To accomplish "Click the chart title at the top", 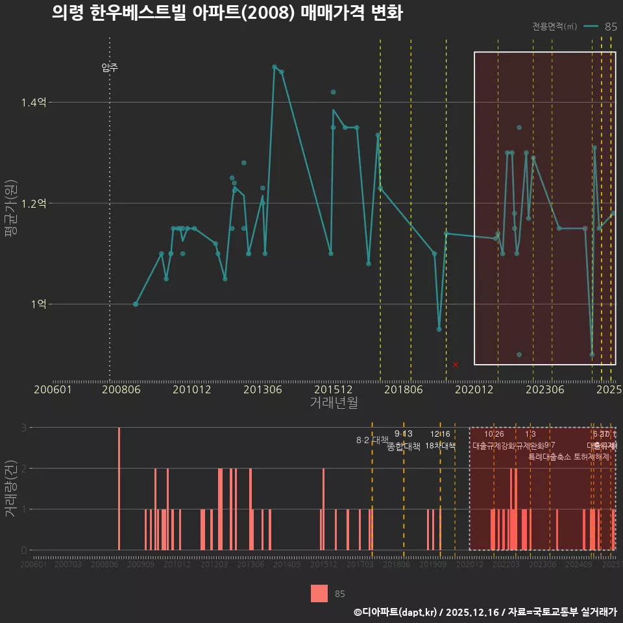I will tap(227, 13).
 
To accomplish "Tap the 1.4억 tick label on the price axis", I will tap(34, 103).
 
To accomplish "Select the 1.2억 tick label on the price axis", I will tap(34, 204).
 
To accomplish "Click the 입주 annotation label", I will tap(110, 67).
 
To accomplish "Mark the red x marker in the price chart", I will tap(456, 365).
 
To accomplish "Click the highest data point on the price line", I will tap(275, 67).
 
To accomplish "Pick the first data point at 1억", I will tap(136, 304).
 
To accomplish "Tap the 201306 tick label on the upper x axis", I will tap(262, 389).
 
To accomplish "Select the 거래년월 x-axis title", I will tap(334, 403).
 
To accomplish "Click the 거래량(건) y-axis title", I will tap(11, 489).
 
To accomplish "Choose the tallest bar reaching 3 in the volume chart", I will tap(119, 488).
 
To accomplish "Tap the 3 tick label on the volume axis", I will tap(23, 428).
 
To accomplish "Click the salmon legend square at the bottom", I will tap(319, 593).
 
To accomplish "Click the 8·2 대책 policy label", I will tap(372, 440).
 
